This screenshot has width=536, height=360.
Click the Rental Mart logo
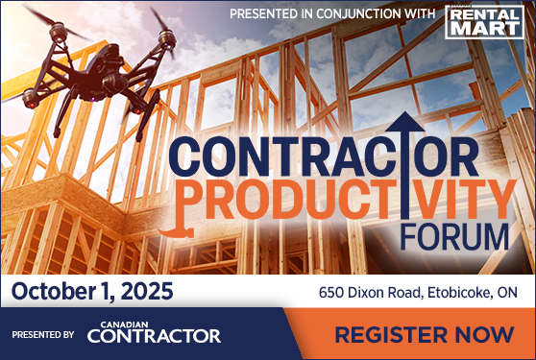[484, 20]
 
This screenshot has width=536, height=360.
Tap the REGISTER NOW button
[424, 335]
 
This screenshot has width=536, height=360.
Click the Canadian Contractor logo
[154, 333]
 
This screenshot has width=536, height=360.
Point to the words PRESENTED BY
[43, 335]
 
